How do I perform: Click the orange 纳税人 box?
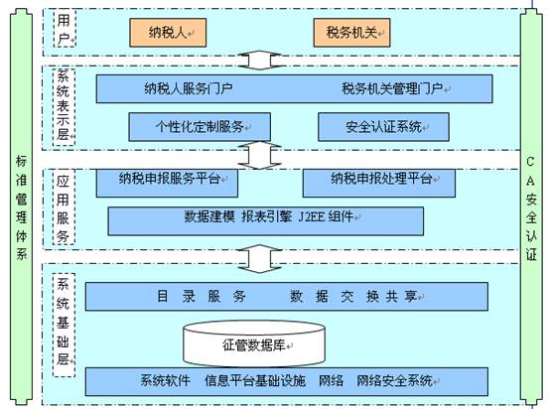(x=168, y=33)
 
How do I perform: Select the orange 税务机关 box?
(x=351, y=33)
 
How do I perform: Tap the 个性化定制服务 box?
(x=200, y=127)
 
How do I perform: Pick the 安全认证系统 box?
(x=383, y=127)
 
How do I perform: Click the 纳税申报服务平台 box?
(x=167, y=183)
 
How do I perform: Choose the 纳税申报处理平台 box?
(x=379, y=183)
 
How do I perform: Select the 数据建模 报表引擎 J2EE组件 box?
(x=265, y=221)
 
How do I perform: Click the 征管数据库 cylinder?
(x=254, y=344)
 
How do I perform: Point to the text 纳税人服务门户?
(x=189, y=88)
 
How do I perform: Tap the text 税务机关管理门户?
(x=392, y=88)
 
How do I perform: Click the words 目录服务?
(x=202, y=296)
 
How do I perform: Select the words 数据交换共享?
(x=353, y=296)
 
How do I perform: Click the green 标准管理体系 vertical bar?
(x=22, y=206)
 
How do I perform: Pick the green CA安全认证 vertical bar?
(x=531, y=206)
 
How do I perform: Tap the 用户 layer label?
(x=65, y=29)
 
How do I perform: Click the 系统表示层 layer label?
(x=64, y=107)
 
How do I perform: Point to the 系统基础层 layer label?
(x=64, y=325)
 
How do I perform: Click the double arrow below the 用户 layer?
(x=259, y=61)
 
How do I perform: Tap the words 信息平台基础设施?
(x=255, y=380)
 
